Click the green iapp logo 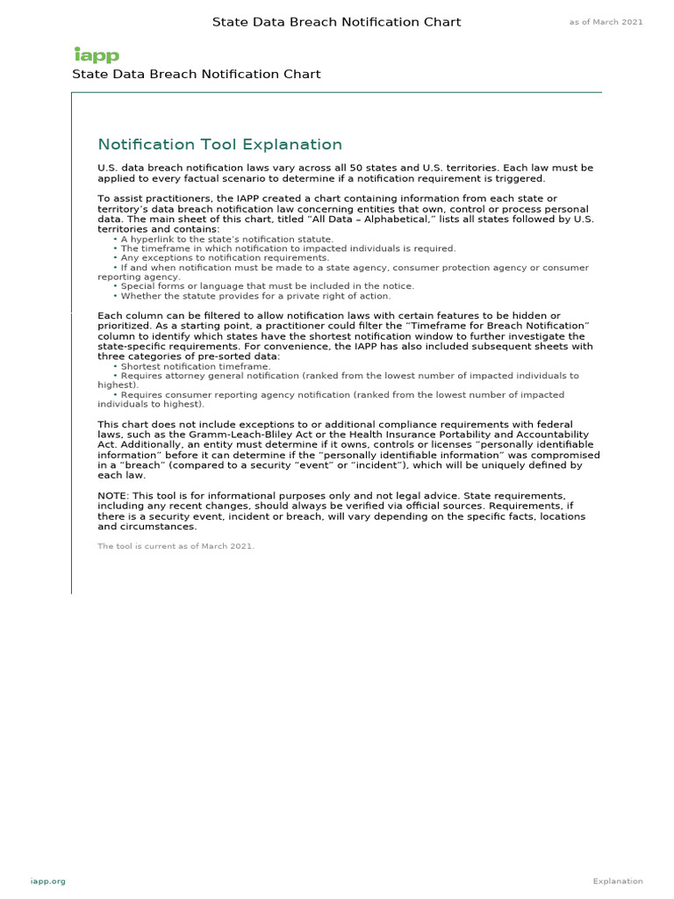[96, 55]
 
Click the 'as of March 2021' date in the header [606, 22]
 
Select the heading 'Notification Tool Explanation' [219, 145]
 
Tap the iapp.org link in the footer [47, 881]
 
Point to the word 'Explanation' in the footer [617, 881]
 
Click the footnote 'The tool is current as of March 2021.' [176, 546]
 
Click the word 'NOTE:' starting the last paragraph [113, 496]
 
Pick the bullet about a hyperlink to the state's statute [226, 239]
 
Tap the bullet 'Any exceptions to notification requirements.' [225, 258]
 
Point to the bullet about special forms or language [267, 286]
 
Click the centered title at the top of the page [336, 22]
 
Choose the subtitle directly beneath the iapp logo [196, 75]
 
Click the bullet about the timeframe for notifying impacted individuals [288, 248]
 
